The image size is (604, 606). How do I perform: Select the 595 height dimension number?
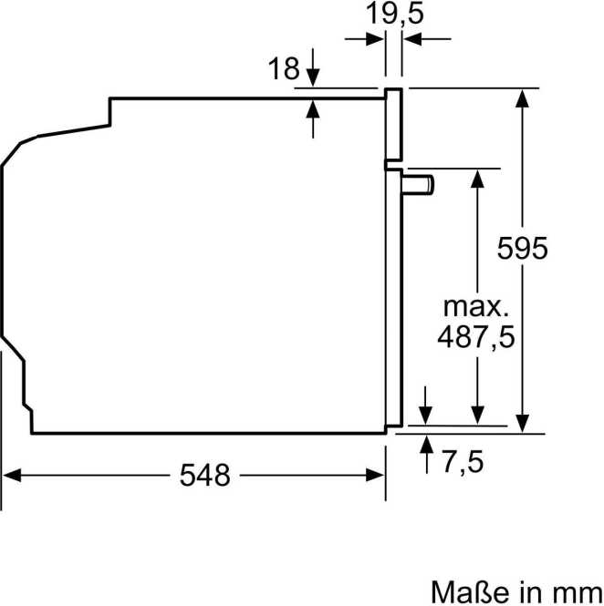(x=522, y=249)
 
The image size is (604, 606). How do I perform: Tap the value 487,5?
(x=475, y=336)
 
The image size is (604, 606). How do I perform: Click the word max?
(x=474, y=303)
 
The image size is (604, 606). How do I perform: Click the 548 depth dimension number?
(x=204, y=474)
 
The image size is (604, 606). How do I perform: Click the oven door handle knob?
(x=421, y=184)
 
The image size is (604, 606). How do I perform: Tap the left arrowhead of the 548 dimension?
(x=13, y=474)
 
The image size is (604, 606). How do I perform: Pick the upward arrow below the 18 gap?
(x=313, y=108)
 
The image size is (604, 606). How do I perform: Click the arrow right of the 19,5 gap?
(x=414, y=38)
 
